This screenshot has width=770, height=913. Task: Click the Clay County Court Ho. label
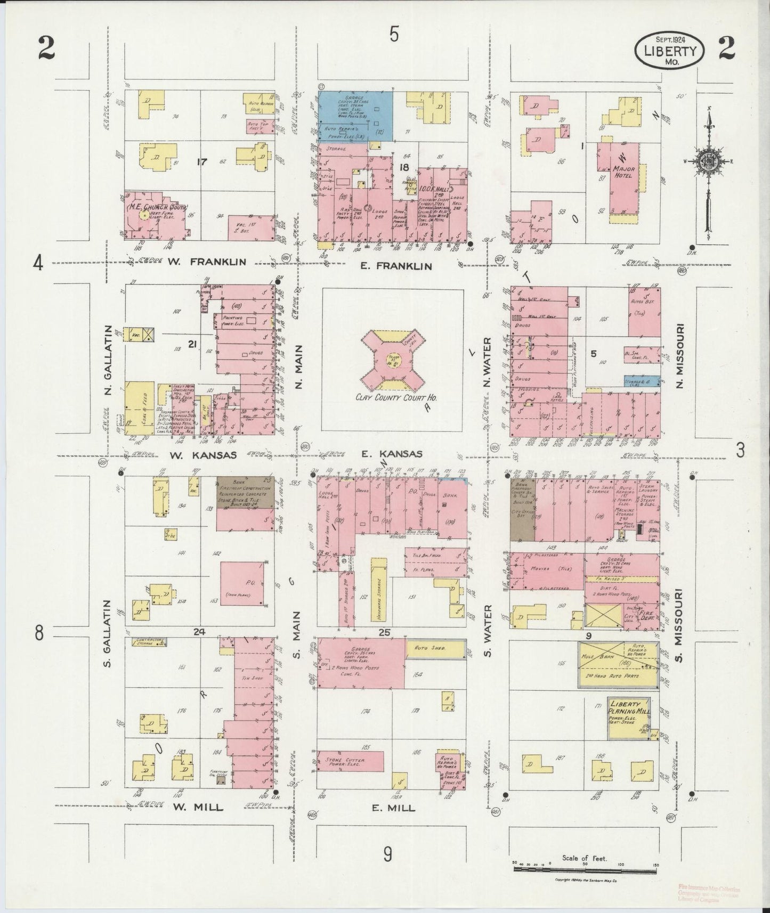(x=393, y=397)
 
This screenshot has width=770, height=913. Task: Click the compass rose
(x=708, y=162)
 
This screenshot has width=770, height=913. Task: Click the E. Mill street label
(x=393, y=808)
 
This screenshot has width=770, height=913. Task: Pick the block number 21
(x=192, y=344)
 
